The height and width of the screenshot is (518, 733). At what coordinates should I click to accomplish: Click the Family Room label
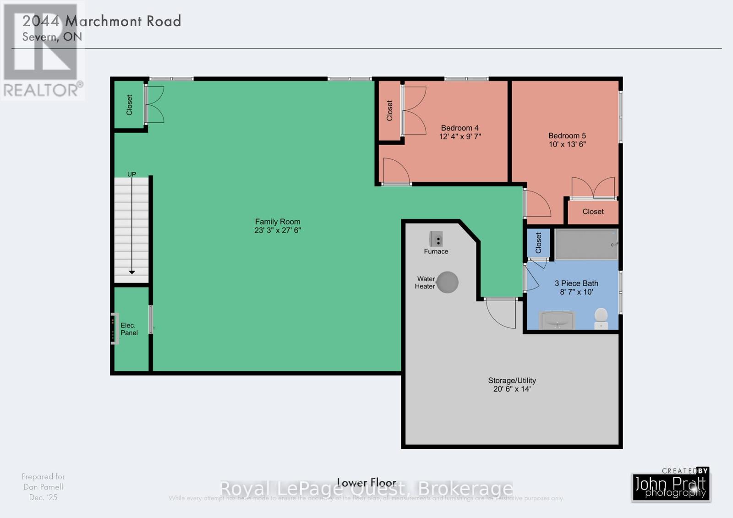pos(278,222)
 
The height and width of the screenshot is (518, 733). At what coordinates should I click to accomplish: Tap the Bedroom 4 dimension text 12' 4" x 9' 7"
pos(459,136)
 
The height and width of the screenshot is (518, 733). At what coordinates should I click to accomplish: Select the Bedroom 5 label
pos(567,136)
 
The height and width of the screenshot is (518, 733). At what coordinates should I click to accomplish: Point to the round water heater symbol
pos(447,282)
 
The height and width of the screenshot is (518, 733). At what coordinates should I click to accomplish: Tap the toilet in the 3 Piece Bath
pos(601,317)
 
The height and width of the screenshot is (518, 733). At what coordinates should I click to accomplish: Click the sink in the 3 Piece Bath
pos(558,320)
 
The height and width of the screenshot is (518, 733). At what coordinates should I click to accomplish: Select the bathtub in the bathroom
pos(586,244)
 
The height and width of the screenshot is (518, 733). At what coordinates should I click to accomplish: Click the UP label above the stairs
pos(131,174)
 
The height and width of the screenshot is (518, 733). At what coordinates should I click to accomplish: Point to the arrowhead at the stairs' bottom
pos(132,272)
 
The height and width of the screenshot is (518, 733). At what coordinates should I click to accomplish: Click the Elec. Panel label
pos(129,329)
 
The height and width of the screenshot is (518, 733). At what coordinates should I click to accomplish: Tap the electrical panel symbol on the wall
pos(115,328)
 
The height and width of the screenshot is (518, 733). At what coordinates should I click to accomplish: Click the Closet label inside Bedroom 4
pos(389,110)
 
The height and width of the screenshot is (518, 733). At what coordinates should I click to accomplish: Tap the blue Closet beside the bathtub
pos(538,243)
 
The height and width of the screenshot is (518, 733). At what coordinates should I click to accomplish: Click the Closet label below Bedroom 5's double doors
pos(593,212)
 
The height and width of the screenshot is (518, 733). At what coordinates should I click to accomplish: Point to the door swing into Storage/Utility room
pos(501,313)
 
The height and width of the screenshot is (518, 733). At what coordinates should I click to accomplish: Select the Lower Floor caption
pos(366,482)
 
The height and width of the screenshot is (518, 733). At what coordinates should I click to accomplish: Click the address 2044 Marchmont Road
pos(102,21)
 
